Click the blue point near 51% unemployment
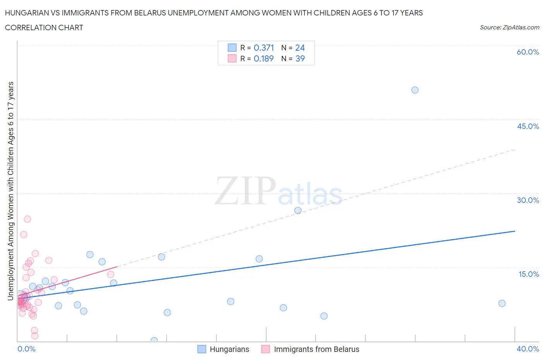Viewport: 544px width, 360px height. (x=415, y=90)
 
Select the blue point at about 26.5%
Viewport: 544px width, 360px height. (x=298, y=211)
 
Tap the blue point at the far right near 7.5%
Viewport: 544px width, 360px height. (x=502, y=303)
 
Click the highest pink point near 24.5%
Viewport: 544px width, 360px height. (x=27, y=219)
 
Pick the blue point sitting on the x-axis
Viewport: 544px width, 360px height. (x=154, y=341)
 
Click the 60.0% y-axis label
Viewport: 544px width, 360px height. (x=528, y=52)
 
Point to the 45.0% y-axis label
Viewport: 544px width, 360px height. (x=528, y=126)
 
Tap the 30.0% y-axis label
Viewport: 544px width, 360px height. (x=528, y=200)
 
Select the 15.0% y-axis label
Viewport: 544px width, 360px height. (x=529, y=274)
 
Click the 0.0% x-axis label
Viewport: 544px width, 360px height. (x=26, y=349)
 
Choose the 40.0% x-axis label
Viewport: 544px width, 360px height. (x=528, y=349)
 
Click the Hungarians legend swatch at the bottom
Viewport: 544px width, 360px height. (x=202, y=349)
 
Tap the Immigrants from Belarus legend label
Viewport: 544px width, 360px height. (x=316, y=349)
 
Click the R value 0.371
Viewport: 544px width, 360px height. (x=264, y=48)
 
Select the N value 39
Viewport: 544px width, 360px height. (x=300, y=58)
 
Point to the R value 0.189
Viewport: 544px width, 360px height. (x=264, y=58)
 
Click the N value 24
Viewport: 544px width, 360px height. (x=300, y=48)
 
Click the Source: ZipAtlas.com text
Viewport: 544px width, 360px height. (x=509, y=27)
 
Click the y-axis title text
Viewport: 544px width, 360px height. (x=10, y=191)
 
